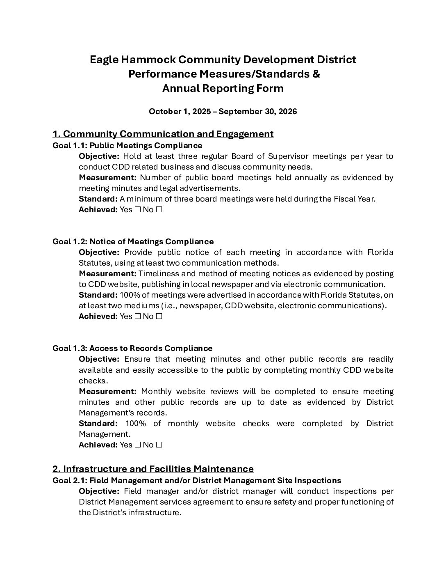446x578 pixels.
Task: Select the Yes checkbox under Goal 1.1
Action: pyautogui.click(x=137, y=210)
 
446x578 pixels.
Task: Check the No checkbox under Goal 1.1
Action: pyautogui.click(x=159, y=210)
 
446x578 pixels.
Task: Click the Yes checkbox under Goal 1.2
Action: pyautogui.click(x=137, y=317)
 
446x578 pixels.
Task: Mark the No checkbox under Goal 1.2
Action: pyautogui.click(x=159, y=317)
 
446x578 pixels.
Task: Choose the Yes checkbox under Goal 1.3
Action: pyautogui.click(x=137, y=445)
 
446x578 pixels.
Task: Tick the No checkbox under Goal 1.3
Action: pyautogui.click(x=159, y=445)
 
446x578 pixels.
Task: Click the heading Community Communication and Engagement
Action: pyautogui.click(x=168, y=134)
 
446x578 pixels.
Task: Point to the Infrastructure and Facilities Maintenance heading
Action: pyautogui.click(x=158, y=469)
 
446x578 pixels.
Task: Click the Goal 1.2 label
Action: pyautogui.click(x=69, y=242)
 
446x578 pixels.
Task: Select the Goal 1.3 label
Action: pyautogui.click(x=69, y=349)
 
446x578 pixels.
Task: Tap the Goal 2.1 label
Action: pyautogui.click(x=69, y=481)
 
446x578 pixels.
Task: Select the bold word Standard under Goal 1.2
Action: pyautogui.click(x=98, y=295)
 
